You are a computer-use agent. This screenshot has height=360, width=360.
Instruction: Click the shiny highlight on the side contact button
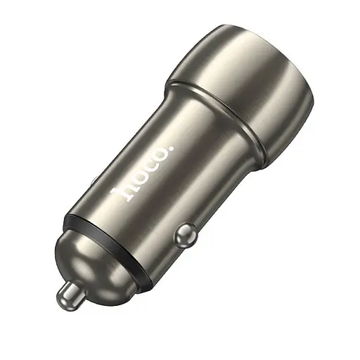point(184,229)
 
